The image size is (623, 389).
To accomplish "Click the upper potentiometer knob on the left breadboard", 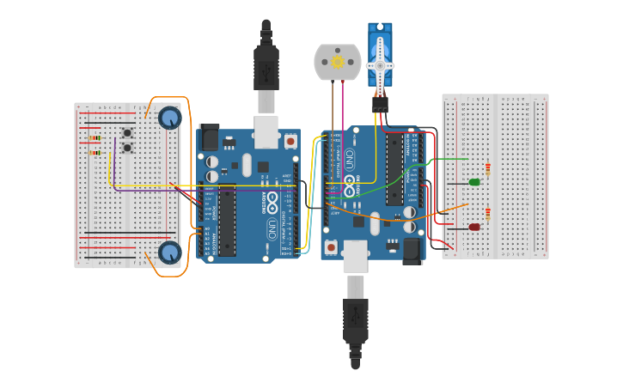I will click(x=170, y=118).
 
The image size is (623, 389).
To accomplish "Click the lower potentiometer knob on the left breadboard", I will click(x=170, y=252).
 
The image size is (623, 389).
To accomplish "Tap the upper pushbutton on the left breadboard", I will click(x=127, y=133).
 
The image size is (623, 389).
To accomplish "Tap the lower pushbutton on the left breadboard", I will click(x=127, y=148).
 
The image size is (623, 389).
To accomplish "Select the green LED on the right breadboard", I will click(x=474, y=182).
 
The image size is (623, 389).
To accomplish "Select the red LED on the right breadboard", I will click(x=474, y=227).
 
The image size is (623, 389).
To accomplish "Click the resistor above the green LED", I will click(x=488, y=169).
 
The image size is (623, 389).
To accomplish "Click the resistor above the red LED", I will click(x=488, y=214).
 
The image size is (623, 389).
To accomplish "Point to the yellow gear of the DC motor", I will click(x=338, y=62).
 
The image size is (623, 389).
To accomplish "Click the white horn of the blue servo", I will click(x=380, y=65).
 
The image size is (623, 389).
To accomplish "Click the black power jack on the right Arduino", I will click(x=412, y=250).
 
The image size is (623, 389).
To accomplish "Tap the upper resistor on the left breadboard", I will click(x=95, y=138).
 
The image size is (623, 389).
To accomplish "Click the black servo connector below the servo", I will click(x=380, y=104).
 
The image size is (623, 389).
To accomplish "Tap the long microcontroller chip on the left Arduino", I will click(x=227, y=220).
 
